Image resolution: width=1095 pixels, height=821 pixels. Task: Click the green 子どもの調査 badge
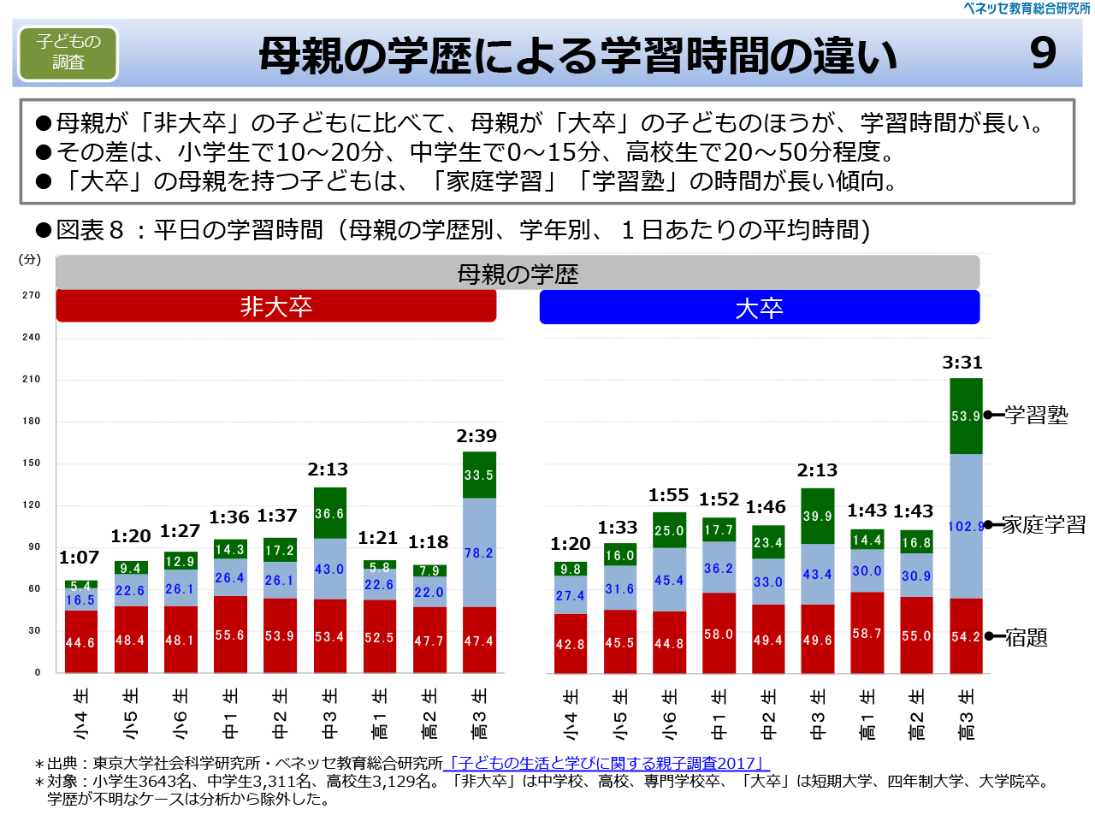point(68,52)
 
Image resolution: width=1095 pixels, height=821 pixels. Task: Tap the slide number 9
point(1043,53)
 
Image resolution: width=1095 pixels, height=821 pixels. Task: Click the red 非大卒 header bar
point(275,306)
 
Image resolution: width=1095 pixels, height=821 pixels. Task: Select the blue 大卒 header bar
point(759,308)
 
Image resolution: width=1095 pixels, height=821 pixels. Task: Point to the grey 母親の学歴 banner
point(518,274)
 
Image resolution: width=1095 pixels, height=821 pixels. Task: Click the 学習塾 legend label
point(1036,416)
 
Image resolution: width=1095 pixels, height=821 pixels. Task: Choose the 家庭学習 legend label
point(1043,525)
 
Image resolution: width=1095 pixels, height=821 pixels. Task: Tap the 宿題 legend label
point(1026,637)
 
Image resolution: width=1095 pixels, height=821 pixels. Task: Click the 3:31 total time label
point(962,363)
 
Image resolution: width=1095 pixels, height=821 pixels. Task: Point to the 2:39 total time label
point(476,436)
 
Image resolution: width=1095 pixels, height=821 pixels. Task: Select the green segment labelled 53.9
point(966,416)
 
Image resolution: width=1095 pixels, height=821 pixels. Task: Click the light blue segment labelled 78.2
point(479,552)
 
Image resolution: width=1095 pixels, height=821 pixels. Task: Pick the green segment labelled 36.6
point(329,513)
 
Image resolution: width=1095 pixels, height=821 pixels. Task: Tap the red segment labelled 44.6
point(80,642)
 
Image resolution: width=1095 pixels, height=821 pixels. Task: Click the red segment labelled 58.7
point(867,633)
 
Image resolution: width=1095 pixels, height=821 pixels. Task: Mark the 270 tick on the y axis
point(32,295)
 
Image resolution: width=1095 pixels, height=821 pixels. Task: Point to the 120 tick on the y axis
point(32,505)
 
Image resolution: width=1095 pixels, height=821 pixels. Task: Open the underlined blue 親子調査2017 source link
point(607,763)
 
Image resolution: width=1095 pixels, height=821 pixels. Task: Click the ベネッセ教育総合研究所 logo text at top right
point(1026,9)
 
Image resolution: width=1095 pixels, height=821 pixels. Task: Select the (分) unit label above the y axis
point(30,259)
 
